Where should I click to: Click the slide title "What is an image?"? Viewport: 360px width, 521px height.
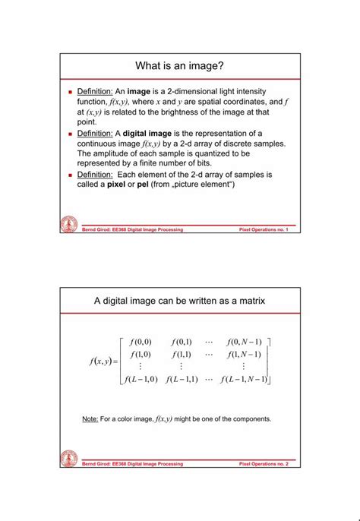(179, 67)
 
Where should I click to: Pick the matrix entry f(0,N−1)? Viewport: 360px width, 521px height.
(244, 342)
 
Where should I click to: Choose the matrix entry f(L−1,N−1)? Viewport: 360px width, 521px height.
(244, 379)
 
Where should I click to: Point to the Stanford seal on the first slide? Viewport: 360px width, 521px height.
(69, 224)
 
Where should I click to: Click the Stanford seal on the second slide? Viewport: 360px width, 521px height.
(69, 459)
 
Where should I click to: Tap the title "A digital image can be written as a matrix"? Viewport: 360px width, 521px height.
(179, 302)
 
